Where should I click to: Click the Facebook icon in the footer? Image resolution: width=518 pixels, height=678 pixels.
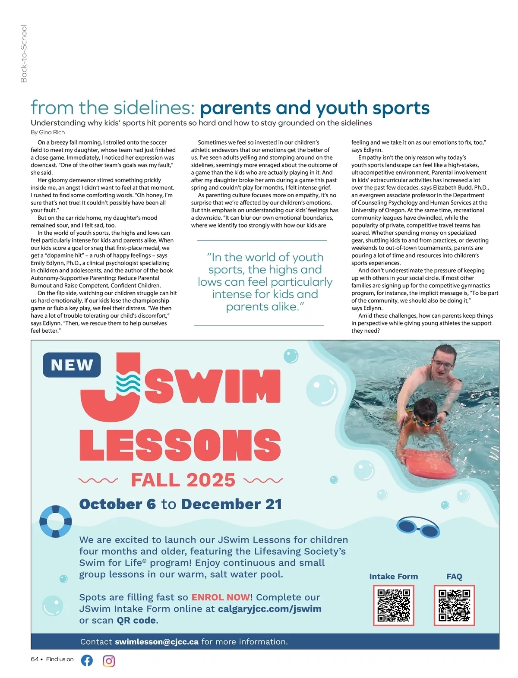coord(87,660)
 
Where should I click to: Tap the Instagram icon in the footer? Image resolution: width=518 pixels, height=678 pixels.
coord(109,661)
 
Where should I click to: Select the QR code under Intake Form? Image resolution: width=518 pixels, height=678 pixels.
coord(393,605)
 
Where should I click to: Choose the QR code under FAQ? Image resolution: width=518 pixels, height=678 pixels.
coord(454,605)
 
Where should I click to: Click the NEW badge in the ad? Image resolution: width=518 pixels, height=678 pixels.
coord(72,365)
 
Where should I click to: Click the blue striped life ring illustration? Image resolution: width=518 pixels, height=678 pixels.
coord(55,521)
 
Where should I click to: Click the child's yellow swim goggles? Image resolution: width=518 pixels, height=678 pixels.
coord(426,421)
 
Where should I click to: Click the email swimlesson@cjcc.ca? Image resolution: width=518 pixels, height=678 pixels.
coord(157,642)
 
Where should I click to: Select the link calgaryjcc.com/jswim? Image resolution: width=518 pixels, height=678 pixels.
coord(270,609)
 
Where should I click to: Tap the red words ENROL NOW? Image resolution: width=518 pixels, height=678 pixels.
coord(221,597)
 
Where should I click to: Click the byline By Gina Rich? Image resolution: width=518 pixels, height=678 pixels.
coord(48,132)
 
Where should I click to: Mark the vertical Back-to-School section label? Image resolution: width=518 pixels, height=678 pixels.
coord(24,54)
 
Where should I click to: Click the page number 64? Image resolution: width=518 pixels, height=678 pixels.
coord(35,659)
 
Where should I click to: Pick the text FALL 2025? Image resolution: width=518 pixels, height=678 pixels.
coord(183,480)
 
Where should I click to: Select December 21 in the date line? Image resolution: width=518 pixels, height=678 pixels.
coord(231,504)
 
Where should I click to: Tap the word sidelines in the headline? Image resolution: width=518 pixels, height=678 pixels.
coord(150,108)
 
